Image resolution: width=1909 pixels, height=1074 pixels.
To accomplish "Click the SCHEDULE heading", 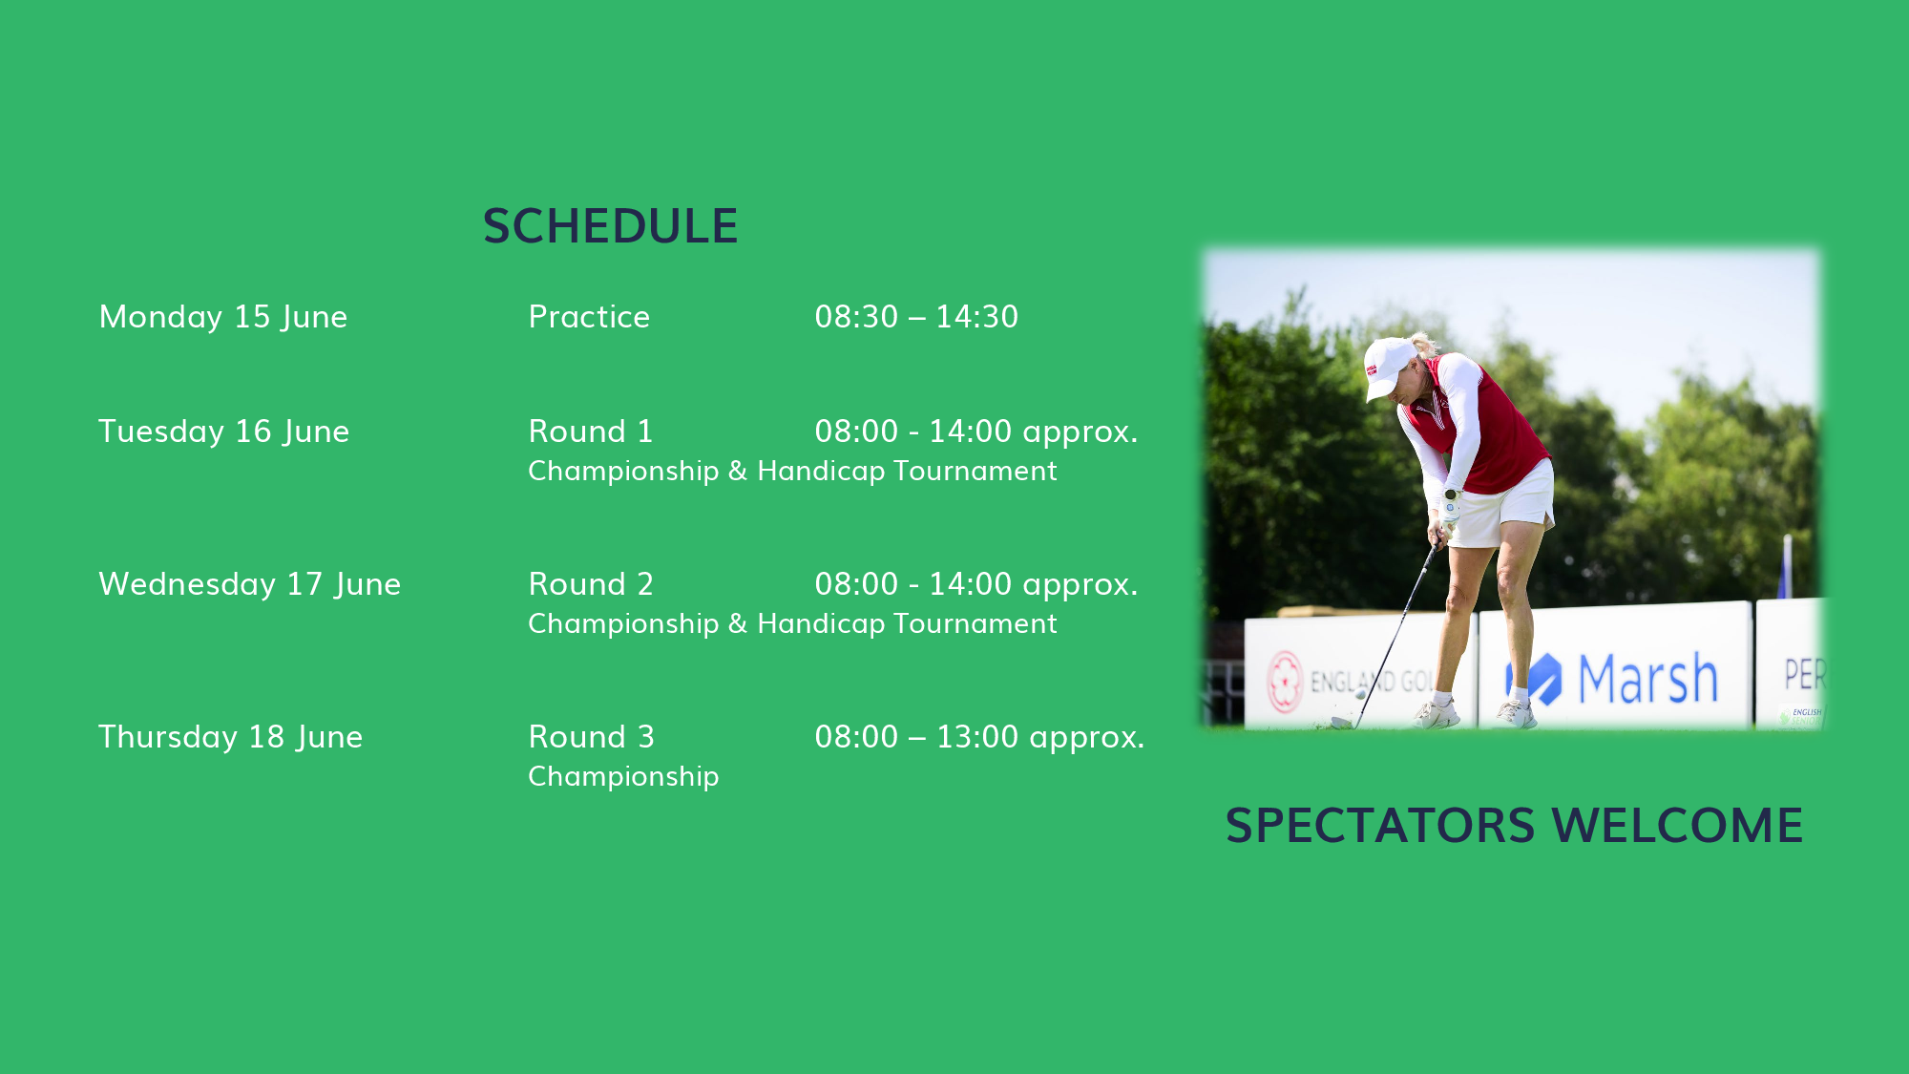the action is [610, 226].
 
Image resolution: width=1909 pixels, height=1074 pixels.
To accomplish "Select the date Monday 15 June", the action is [223, 317].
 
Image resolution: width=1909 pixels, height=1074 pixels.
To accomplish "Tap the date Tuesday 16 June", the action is [224, 432].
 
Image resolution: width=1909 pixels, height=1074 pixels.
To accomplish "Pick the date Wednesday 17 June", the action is [250, 584].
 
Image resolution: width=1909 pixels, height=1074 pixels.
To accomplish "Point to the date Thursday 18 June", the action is [231, 737].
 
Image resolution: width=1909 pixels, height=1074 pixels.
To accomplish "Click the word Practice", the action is [589, 317].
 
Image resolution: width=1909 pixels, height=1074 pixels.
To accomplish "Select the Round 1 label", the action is [591, 432].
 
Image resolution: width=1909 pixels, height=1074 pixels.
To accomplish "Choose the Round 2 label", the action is [591, 584].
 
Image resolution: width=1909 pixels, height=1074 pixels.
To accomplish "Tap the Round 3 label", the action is [592, 737].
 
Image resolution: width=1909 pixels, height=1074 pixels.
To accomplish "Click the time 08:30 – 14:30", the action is [916, 317].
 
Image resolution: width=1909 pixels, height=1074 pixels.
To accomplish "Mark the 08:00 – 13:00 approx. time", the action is [979, 737].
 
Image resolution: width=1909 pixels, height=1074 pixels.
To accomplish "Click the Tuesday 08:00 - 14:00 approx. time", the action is [976, 432].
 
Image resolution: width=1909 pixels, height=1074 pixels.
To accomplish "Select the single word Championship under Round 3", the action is [623, 776].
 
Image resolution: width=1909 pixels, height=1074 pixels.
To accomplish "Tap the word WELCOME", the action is [1678, 826].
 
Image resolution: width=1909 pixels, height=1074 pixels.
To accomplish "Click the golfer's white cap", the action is [1389, 366].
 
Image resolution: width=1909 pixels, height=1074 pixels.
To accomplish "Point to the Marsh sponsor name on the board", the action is [1647, 679].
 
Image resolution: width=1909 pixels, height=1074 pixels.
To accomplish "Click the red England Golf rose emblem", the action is [1285, 682].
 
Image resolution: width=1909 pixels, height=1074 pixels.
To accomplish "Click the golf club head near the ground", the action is [1341, 723].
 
